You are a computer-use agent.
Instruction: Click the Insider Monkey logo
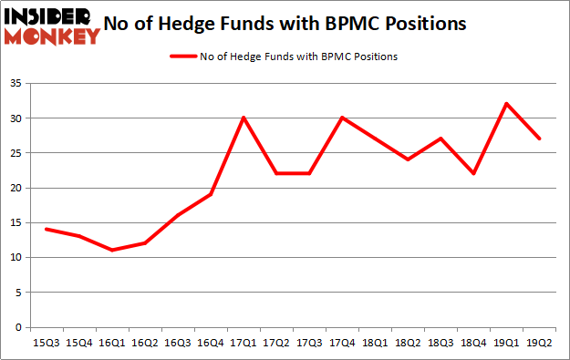[x=53, y=26]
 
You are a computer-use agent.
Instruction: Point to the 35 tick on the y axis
[x=16, y=84]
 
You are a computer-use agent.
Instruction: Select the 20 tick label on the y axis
[x=16, y=189]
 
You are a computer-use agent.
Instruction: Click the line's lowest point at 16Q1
[x=112, y=251]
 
